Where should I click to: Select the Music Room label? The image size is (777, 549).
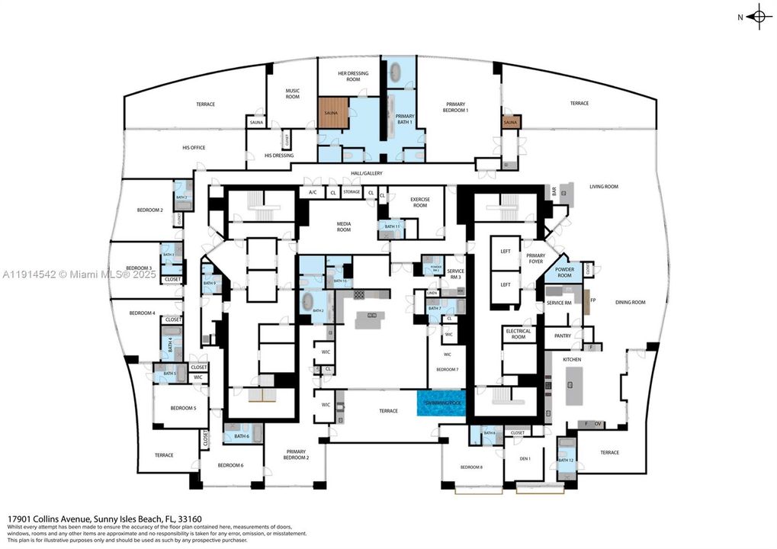coord(293,95)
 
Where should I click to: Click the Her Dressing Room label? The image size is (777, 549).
coord(352,76)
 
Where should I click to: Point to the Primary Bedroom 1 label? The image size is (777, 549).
coord(456,107)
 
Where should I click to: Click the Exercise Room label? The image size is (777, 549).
coord(420,202)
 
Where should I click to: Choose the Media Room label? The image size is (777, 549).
coord(344,226)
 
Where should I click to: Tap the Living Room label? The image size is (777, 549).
coord(603,186)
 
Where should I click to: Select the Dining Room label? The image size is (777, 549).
coord(630,302)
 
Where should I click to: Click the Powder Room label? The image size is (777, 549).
coord(564,272)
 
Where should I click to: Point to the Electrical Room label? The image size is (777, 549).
coord(518,333)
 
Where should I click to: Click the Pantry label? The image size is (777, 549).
coord(563,335)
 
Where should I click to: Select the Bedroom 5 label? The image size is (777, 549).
coord(183,408)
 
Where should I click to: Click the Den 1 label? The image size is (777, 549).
coord(525,458)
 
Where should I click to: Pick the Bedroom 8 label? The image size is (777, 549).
coord(470,467)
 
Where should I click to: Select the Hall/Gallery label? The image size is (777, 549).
coord(367,173)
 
